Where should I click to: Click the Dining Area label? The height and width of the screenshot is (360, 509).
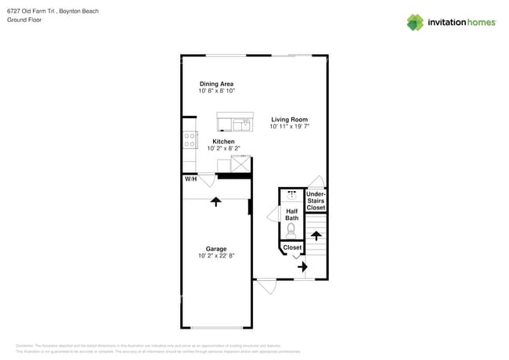[216, 84]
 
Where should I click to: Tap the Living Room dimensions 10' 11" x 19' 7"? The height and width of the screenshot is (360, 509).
[290, 127]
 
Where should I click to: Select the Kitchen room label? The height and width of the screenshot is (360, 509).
[223, 142]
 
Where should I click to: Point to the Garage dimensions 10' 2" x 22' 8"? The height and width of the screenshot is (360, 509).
[216, 256]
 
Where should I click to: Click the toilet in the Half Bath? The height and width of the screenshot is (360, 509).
[291, 229]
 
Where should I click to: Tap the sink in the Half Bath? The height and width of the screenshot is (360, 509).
[292, 195]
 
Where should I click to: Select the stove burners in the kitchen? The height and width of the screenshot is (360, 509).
[189, 140]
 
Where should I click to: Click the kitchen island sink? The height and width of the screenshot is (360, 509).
[244, 124]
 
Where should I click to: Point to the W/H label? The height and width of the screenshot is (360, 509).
[190, 179]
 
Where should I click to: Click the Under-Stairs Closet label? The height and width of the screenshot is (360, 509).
[316, 200]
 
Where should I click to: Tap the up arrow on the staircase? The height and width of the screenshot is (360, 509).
[316, 236]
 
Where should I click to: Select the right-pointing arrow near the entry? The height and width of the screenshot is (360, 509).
[302, 267]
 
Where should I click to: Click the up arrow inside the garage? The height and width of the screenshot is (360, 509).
[215, 201]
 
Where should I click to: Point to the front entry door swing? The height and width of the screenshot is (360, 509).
[266, 287]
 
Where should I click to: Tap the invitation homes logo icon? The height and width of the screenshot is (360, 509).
[415, 22]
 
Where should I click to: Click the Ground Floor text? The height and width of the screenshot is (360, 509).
[24, 20]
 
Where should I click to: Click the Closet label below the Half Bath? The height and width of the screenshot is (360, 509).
[292, 247]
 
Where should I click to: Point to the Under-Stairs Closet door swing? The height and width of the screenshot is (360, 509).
[315, 182]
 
